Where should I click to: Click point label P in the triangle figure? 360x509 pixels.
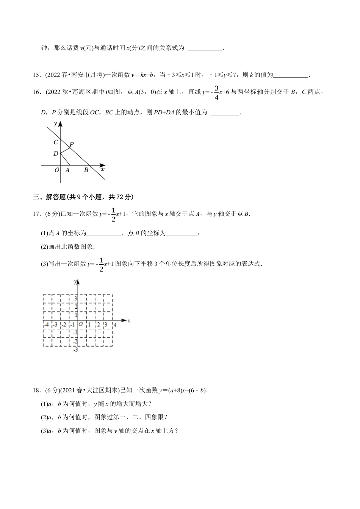click(x=72, y=144)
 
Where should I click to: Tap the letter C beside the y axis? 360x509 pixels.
click(x=56, y=142)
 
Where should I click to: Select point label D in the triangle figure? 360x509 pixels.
click(x=56, y=153)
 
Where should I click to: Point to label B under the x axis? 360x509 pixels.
click(x=86, y=170)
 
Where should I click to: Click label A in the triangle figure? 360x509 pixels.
click(x=67, y=170)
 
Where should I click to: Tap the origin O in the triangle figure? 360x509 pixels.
click(x=57, y=170)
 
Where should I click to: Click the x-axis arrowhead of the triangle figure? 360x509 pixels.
click(x=103, y=165)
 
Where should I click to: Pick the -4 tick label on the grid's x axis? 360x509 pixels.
click(x=46, y=325)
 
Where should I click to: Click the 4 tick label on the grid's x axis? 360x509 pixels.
click(x=115, y=325)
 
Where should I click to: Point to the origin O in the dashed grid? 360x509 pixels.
click(x=81, y=325)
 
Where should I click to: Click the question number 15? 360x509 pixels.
click(x=36, y=75)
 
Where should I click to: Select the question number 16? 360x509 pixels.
click(x=36, y=92)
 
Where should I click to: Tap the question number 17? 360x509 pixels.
click(x=36, y=214)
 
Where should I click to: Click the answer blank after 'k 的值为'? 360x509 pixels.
click(x=291, y=75)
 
